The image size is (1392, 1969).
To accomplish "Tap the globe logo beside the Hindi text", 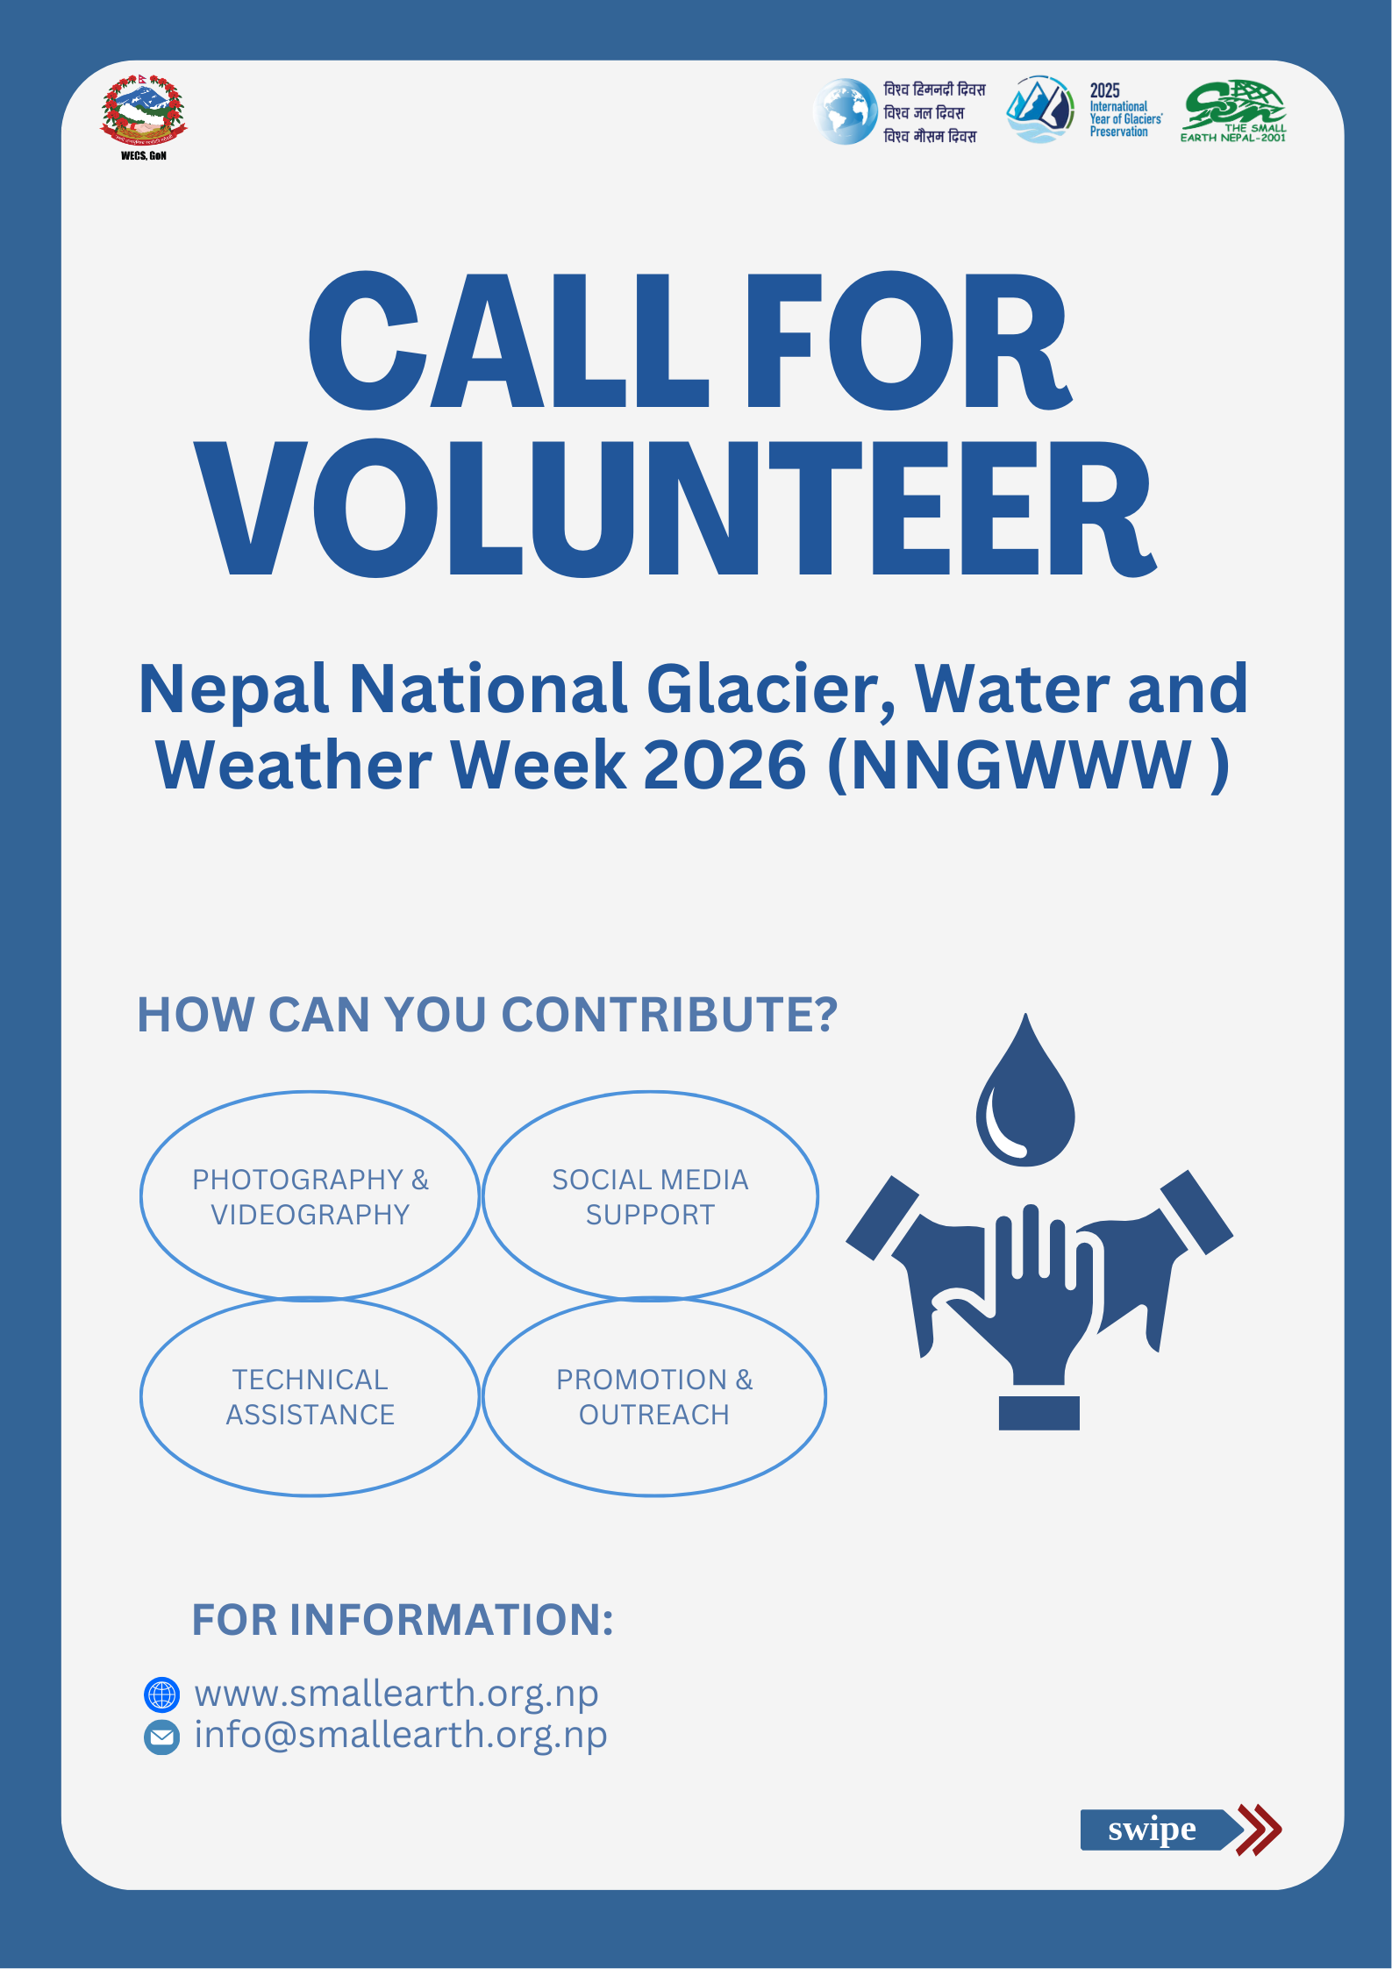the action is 845,111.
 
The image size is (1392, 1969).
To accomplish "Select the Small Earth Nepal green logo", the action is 1233,111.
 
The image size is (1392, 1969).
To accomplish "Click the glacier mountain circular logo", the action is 1040,110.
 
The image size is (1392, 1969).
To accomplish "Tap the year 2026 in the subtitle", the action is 725,765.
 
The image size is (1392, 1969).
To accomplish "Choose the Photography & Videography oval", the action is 310,1195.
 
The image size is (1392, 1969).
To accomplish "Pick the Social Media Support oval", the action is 650,1195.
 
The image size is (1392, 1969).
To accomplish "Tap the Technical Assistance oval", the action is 310,1396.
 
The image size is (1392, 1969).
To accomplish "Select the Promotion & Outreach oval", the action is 653,1396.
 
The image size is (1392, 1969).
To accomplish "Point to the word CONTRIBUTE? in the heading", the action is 669,1015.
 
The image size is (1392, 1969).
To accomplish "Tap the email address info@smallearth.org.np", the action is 401,1735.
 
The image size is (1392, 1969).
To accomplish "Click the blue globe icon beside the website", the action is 161,1694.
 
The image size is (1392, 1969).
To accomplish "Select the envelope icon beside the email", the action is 161,1737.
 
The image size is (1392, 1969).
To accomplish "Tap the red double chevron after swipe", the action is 1259,1830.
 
